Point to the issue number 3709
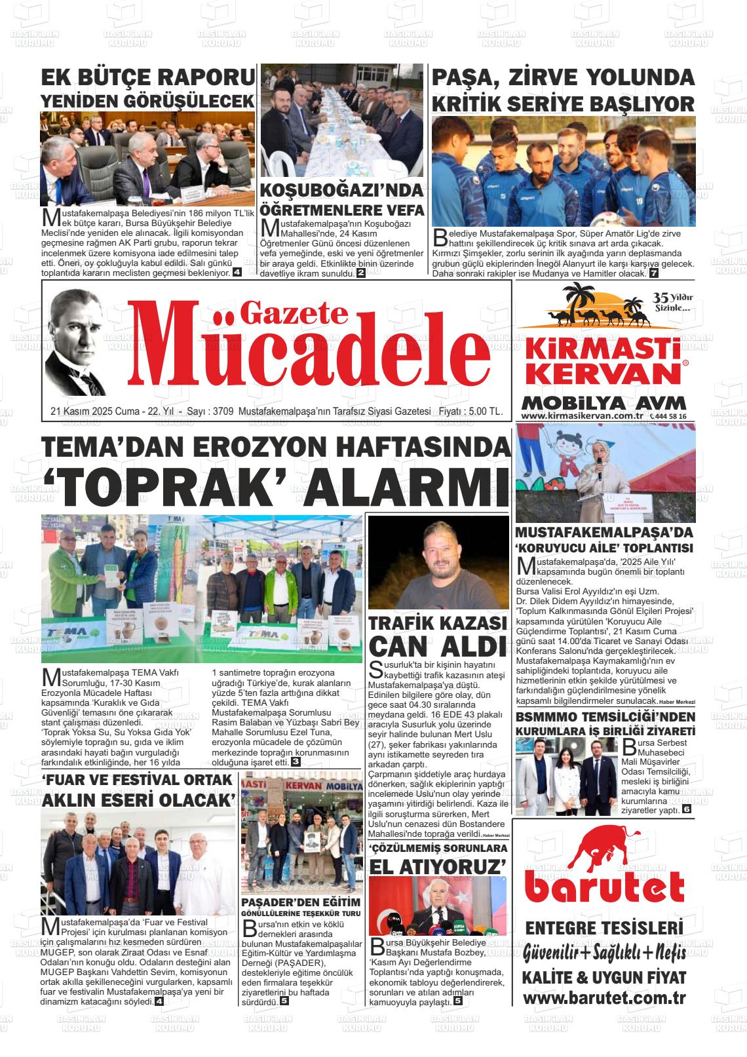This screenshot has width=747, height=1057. pos(223,412)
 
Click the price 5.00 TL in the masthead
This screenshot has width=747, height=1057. pos(487,412)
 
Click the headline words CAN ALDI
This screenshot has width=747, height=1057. pos(438,646)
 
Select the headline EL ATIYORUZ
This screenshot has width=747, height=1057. pos(438,867)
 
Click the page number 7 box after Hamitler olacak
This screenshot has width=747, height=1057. pos(653,273)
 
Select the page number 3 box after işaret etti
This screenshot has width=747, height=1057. pos(296,761)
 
